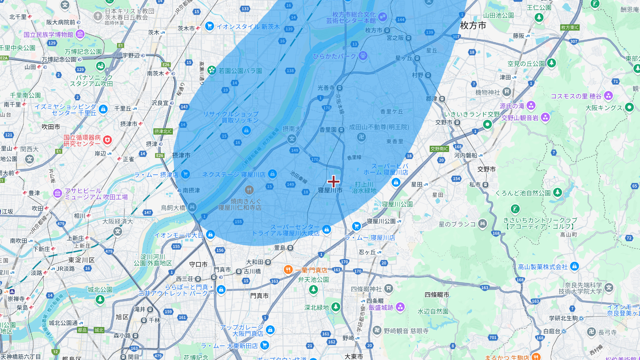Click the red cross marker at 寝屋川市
[x=333, y=181]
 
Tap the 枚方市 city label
[x=473, y=25]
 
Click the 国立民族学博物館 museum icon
[x=80, y=34]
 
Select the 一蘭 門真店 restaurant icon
[x=288, y=270]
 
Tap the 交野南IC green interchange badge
[x=439, y=149]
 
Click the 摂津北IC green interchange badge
[x=163, y=131]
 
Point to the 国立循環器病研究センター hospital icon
[x=108, y=140]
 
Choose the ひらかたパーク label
[x=334, y=56]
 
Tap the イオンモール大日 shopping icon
[x=210, y=235]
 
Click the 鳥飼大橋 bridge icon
[x=192, y=208]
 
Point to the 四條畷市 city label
[x=437, y=295]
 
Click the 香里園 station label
[x=328, y=130]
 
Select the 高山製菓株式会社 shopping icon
[x=574, y=266]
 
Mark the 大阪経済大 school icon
[x=118, y=231]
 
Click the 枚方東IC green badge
[x=570, y=27]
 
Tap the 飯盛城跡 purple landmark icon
[x=400, y=307]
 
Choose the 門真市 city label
[x=259, y=296]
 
